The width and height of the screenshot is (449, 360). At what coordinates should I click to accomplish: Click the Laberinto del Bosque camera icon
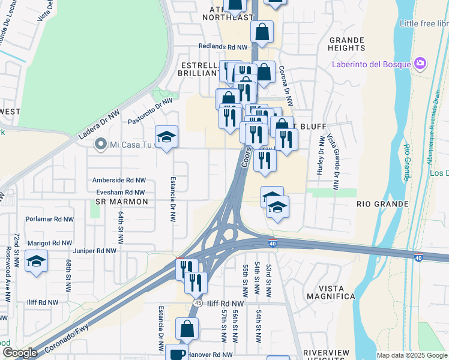coord(420,64)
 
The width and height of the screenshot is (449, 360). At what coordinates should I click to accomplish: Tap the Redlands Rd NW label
coord(223,47)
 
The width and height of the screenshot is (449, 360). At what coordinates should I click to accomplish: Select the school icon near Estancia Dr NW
coord(167,137)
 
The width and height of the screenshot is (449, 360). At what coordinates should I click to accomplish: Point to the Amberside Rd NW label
coord(119,180)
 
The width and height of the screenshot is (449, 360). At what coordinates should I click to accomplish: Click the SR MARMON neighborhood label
coord(122,202)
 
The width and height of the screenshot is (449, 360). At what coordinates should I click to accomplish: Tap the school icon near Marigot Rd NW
coord(37,262)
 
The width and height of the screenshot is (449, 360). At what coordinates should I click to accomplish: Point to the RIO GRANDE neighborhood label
coord(382,204)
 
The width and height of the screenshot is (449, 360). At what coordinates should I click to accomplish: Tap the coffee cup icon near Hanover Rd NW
coord(178,354)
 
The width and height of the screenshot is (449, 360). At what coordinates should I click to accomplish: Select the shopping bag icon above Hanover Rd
coord(187,328)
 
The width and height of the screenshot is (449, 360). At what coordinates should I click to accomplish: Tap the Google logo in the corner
coord(20,353)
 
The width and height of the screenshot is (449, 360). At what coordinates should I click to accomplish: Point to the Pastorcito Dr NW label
coord(150,111)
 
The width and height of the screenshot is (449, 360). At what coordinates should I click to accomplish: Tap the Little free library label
coord(424,23)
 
